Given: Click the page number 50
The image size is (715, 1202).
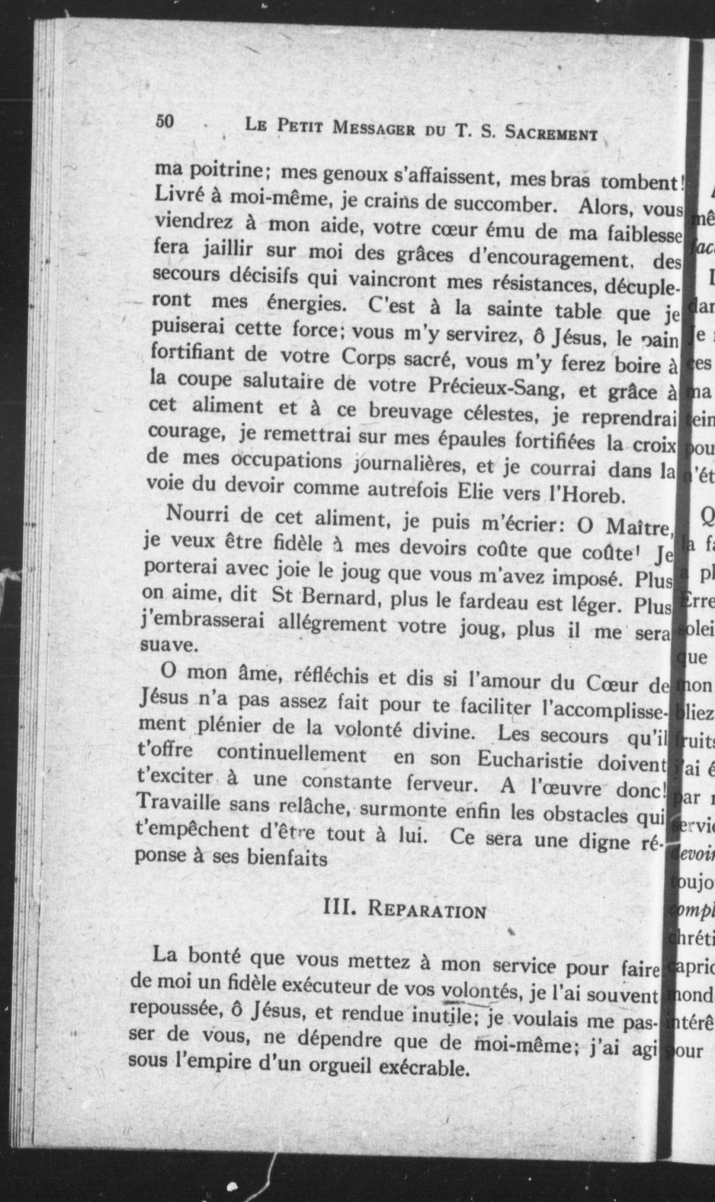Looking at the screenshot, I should click(x=165, y=121).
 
